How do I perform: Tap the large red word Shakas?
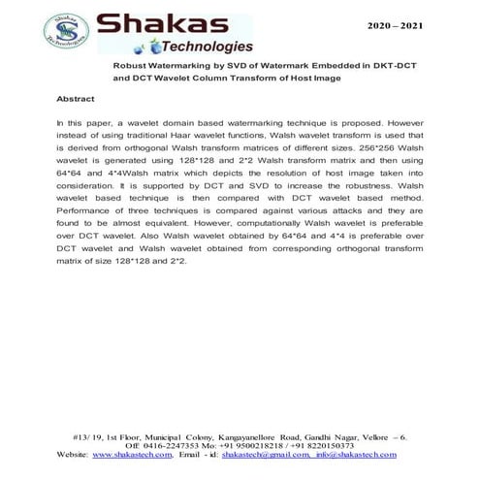[171, 24]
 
